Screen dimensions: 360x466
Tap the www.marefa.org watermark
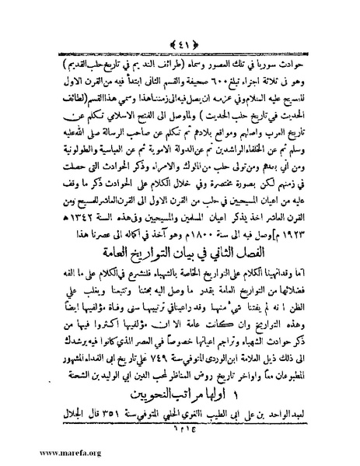pyautogui.click(x=40, y=457)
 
